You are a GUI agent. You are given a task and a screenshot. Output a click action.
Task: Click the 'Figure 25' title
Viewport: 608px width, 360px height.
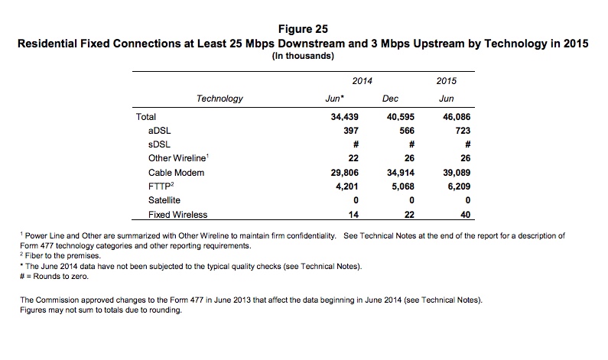pyautogui.click(x=304, y=30)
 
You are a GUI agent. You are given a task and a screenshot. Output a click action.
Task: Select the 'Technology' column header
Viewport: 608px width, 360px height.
pyautogui.click(x=219, y=99)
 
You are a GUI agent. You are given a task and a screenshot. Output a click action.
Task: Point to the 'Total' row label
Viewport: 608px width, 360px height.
pyautogui.click(x=145, y=117)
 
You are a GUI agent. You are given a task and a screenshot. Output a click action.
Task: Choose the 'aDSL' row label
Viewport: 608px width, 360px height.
pyautogui.click(x=158, y=131)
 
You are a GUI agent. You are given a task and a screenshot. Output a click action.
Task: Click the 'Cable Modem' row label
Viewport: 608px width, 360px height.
pyautogui.click(x=177, y=173)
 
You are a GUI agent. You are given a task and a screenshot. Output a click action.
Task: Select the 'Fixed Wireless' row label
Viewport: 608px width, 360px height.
pyautogui.click(x=177, y=215)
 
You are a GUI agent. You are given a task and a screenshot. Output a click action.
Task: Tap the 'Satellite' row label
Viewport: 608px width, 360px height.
pyautogui.click(x=165, y=200)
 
